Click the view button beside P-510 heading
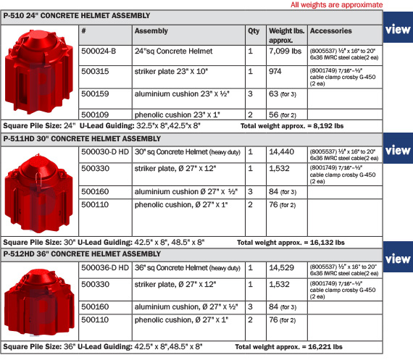398,30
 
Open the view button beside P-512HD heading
398,259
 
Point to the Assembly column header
151,32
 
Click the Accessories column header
330,32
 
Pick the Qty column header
254,32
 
